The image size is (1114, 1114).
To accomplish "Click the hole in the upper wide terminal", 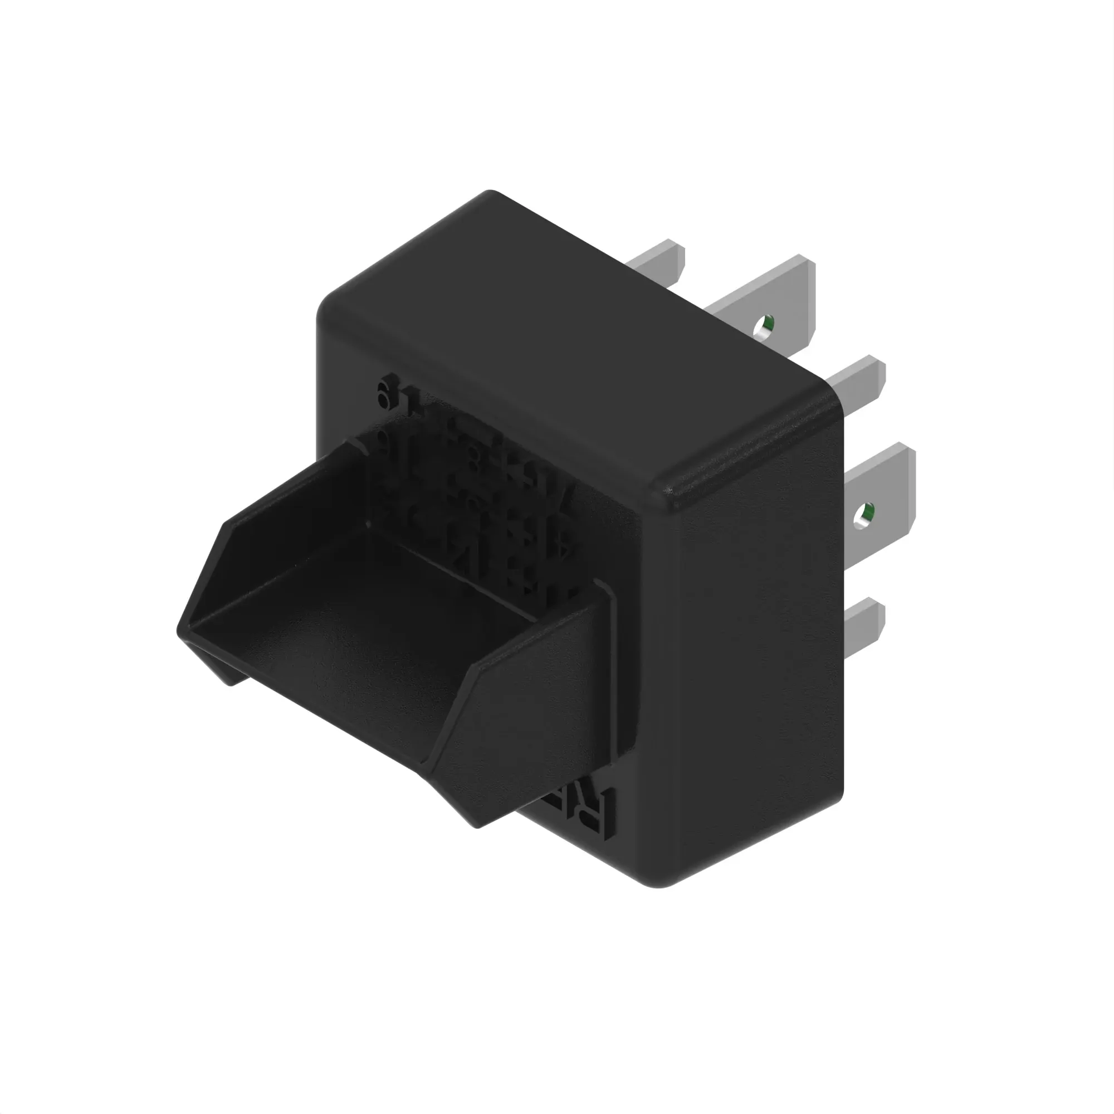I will tap(765, 327).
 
